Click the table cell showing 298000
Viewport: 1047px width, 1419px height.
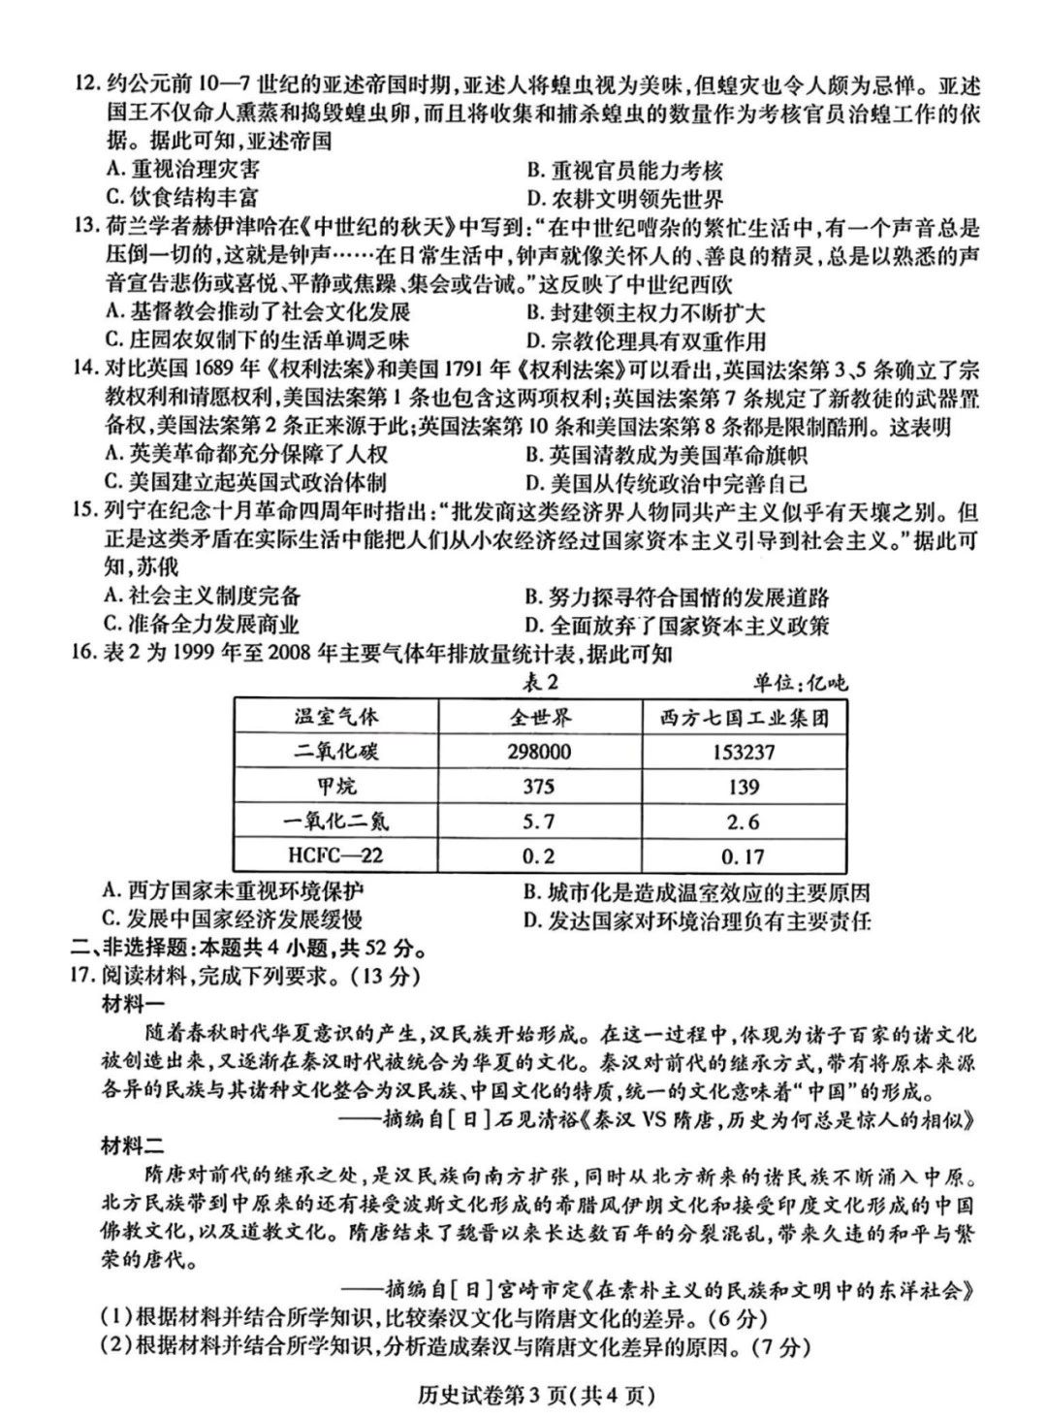(x=539, y=752)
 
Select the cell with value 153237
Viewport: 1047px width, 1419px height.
(x=743, y=752)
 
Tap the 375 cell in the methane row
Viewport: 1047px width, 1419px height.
(x=539, y=787)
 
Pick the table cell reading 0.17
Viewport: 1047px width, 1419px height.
(x=743, y=856)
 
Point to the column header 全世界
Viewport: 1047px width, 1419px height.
(x=539, y=717)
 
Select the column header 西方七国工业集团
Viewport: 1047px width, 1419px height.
(x=743, y=717)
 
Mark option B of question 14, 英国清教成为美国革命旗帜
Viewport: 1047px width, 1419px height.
(x=666, y=454)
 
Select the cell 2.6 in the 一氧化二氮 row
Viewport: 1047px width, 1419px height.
(x=743, y=822)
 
